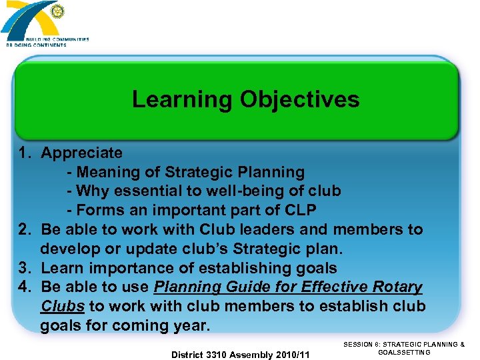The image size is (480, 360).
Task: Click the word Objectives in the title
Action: [x=299, y=99]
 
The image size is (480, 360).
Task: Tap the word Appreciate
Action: [x=81, y=153]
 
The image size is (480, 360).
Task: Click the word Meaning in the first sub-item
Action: [x=108, y=172]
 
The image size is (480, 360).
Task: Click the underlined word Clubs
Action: [x=62, y=307]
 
